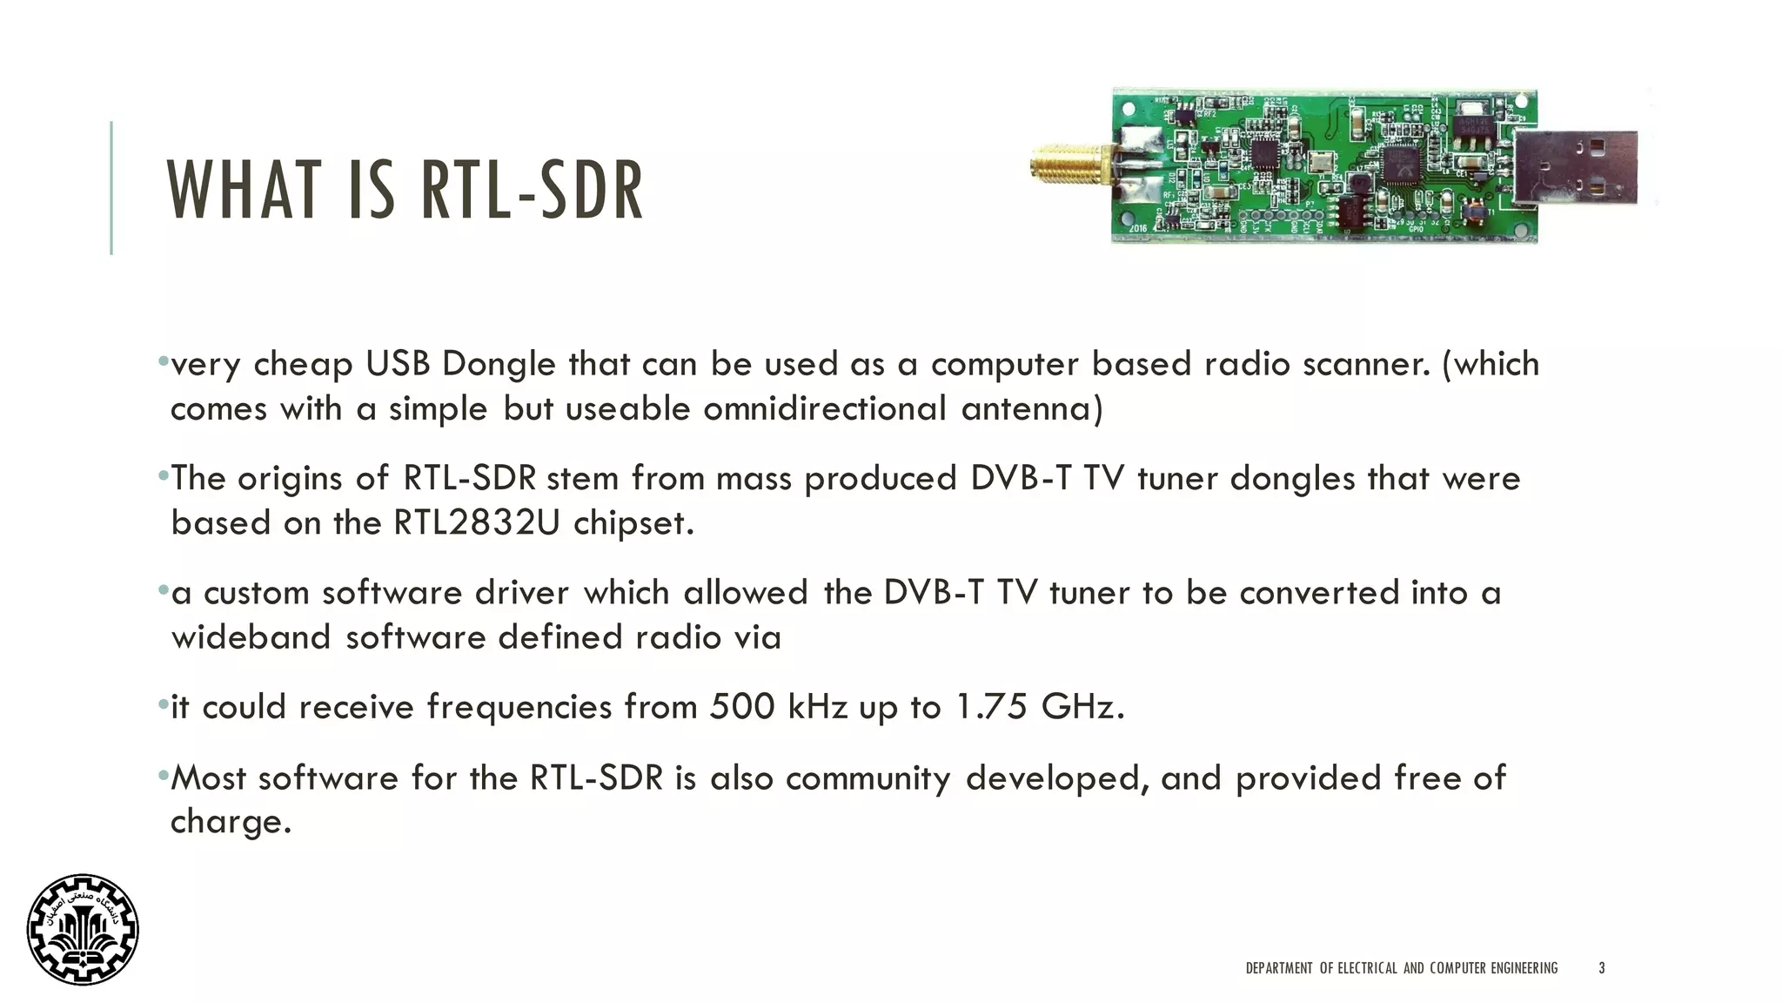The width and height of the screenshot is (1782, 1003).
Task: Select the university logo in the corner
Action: coord(83,929)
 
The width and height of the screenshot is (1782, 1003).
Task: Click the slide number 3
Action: coord(1602,967)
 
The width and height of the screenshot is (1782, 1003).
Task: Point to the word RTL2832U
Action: coord(477,522)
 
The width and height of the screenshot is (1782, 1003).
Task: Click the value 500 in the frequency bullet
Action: coord(741,706)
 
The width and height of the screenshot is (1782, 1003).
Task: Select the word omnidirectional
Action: coord(824,408)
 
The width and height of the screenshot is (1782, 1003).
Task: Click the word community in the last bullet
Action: coord(868,778)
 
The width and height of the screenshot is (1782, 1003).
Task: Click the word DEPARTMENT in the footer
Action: coord(1278,967)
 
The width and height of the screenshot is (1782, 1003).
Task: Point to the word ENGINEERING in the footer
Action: coord(1524,967)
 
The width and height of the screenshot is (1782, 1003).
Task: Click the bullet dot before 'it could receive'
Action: coord(163,703)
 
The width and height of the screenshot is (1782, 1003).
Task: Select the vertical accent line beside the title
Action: coord(111,188)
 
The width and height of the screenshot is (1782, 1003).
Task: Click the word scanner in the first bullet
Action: coord(1366,364)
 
